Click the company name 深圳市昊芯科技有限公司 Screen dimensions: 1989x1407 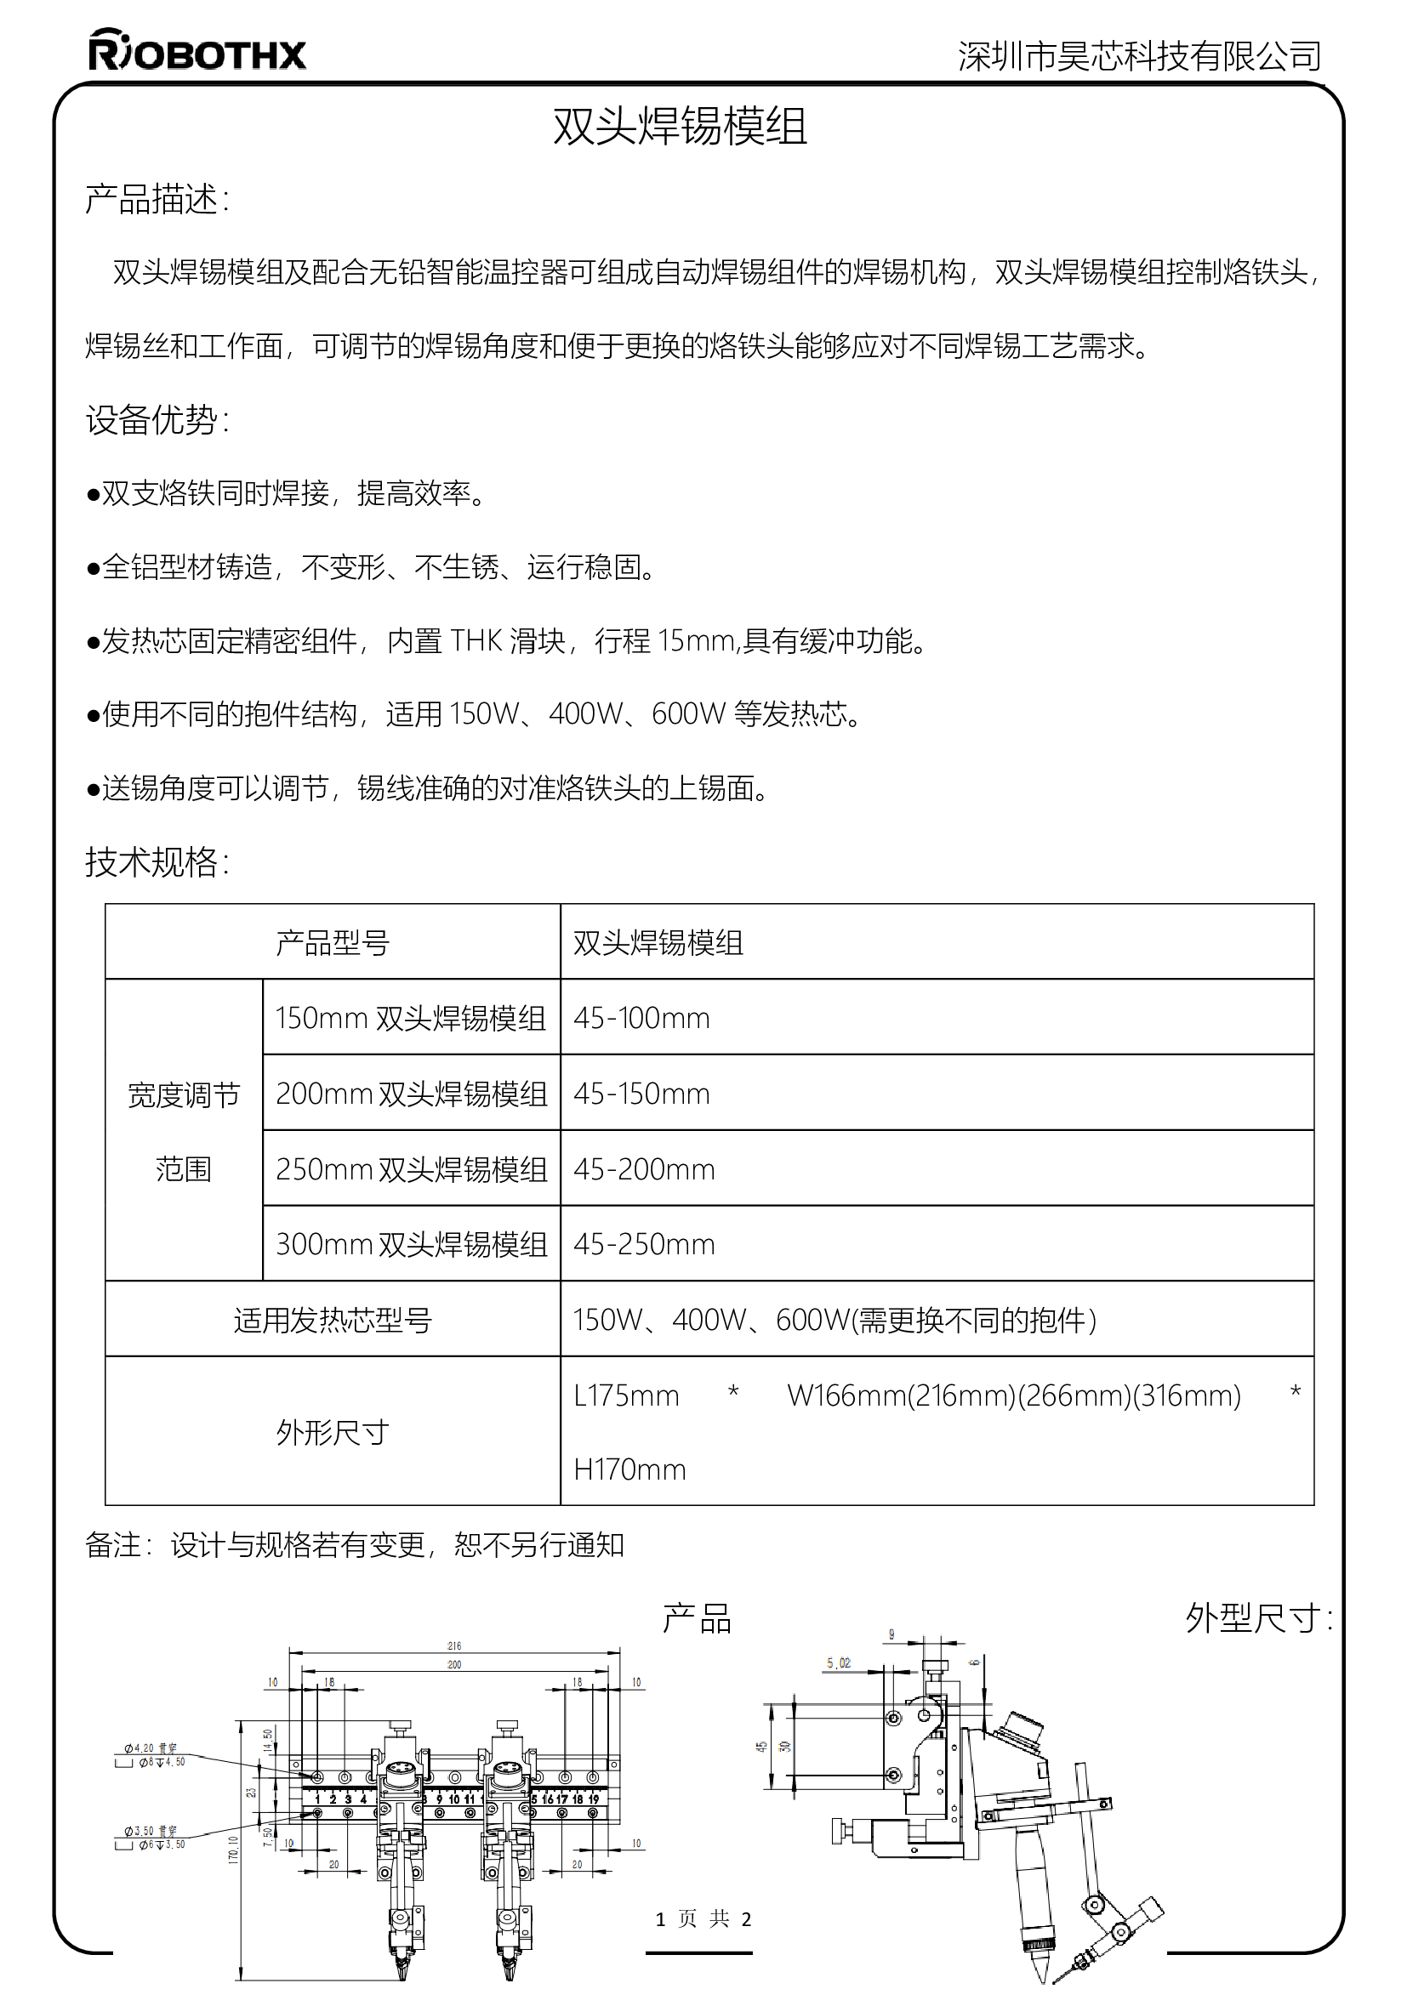(1138, 56)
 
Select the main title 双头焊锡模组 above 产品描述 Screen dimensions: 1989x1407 (681, 127)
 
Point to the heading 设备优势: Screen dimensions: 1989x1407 (157, 420)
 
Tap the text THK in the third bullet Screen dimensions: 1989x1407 (476, 641)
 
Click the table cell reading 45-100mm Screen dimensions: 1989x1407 (641, 1018)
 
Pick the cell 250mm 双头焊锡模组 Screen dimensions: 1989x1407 (412, 1169)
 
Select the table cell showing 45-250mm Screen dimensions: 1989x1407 (644, 1245)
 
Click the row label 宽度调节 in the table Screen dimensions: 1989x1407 (184, 1095)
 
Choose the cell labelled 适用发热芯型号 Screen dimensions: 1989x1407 (333, 1321)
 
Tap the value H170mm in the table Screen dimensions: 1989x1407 (629, 1470)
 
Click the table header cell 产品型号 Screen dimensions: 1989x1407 (333, 942)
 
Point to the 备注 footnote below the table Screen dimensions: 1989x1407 (355, 1544)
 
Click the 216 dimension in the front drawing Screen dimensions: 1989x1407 (454, 1646)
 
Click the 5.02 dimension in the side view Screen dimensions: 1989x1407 (838, 1663)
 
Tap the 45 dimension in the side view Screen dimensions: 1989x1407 (761, 1747)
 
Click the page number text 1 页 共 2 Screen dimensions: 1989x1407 (703, 1918)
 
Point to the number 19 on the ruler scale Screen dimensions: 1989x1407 (594, 1799)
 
